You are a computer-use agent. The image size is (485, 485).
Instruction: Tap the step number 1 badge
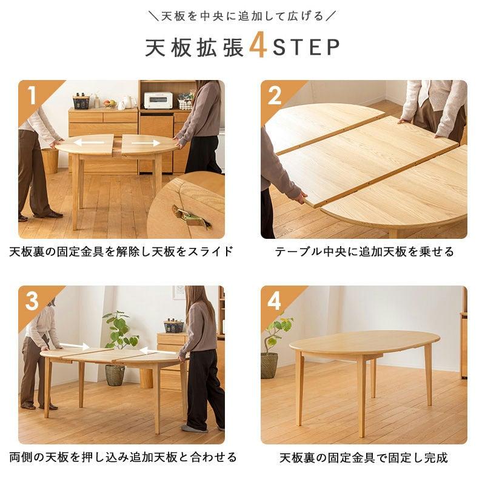[32, 95]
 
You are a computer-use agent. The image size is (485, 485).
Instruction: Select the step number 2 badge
[275, 95]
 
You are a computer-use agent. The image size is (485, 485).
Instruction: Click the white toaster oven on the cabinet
[158, 100]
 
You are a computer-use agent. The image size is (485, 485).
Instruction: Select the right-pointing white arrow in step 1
[144, 144]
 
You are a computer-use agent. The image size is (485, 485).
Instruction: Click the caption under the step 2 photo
[364, 252]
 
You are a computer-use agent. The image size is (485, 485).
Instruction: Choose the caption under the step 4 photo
[364, 458]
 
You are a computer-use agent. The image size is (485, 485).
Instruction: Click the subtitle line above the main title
[242, 16]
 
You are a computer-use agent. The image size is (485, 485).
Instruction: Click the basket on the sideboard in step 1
[81, 102]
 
